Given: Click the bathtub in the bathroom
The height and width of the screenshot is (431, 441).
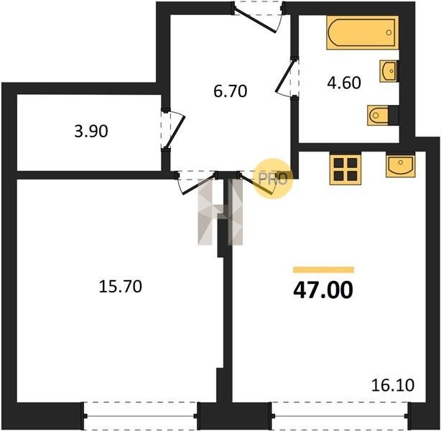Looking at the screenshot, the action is pos(363,32).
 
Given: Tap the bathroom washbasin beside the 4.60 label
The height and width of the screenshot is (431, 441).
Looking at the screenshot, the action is pos(389,71).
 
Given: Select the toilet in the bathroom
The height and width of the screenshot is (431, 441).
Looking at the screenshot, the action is pos(378,115).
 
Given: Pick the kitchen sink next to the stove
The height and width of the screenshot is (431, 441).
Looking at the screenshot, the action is pos(400,166).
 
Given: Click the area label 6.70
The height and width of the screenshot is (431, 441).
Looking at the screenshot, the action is pos(231,91).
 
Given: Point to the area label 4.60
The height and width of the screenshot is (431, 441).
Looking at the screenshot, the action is pos(344,83).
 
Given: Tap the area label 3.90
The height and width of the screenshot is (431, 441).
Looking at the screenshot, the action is pos(91,131).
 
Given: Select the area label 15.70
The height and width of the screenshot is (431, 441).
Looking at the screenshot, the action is pos(121,287).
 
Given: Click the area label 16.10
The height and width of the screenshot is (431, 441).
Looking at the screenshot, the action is pos(393,385).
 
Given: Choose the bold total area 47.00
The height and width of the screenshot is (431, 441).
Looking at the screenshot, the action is pos(323,290).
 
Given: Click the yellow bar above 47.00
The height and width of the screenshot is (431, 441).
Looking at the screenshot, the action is pos(323,270).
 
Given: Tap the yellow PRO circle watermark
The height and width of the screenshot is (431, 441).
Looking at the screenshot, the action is pos(273,179).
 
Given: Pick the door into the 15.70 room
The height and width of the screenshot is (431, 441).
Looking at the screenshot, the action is pos(198,183).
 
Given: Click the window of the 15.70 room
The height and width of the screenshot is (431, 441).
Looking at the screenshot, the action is pos(140,415).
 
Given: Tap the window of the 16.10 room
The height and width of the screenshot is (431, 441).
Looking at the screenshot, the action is pos(340,415).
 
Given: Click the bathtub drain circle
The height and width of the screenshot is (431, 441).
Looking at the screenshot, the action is pos(389,32).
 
